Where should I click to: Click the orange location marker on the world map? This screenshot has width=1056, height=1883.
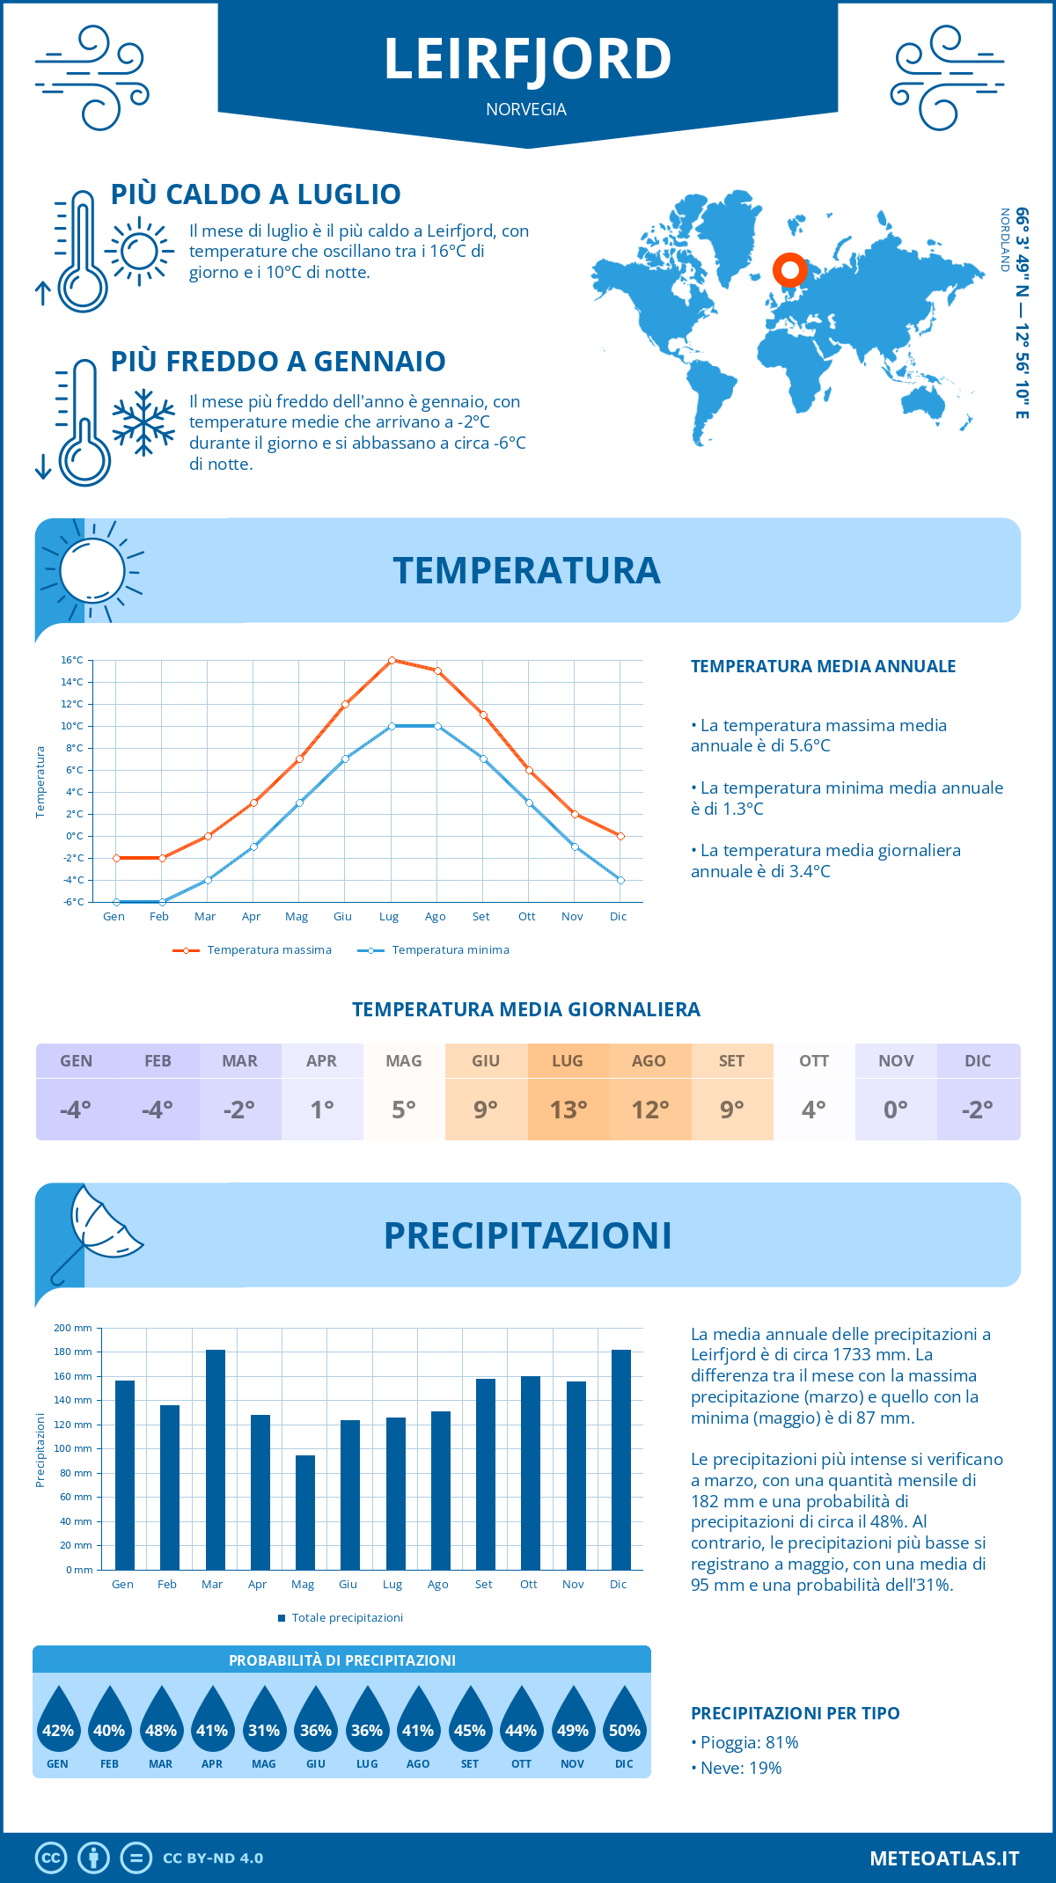point(789,270)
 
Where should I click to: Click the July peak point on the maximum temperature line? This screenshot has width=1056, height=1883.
point(392,660)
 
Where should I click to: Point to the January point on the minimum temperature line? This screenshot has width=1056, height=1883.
point(116,902)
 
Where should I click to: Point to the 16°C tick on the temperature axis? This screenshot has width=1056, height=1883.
point(72,660)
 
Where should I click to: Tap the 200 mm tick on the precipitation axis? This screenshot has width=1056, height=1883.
point(73,1328)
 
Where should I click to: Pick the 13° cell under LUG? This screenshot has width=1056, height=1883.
point(568,1110)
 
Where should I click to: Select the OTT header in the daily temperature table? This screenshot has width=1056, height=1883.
point(813,1061)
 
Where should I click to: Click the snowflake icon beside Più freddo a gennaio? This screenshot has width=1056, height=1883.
point(143,422)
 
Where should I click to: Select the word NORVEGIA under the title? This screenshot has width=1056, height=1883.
point(526,110)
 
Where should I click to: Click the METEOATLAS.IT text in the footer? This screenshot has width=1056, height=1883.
point(943,1858)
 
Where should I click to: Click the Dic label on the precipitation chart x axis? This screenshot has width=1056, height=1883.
point(618,1584)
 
